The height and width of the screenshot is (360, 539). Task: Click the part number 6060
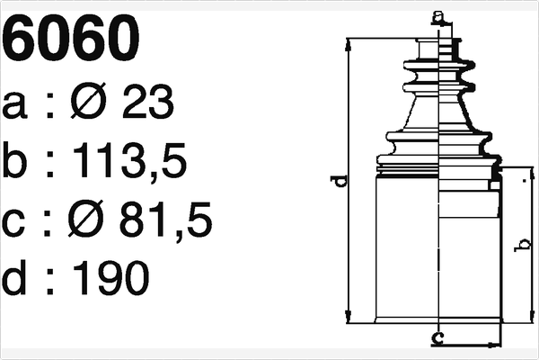71,38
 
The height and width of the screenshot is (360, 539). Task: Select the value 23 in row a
148,102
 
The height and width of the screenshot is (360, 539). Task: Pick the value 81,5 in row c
165,220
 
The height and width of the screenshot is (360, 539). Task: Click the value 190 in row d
111,277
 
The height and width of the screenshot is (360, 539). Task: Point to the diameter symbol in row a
89,102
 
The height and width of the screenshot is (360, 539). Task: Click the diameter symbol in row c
86,219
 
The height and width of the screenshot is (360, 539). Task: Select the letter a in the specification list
14,106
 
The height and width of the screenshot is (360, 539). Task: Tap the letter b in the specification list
13,160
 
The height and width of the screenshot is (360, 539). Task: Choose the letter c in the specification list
13,223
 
